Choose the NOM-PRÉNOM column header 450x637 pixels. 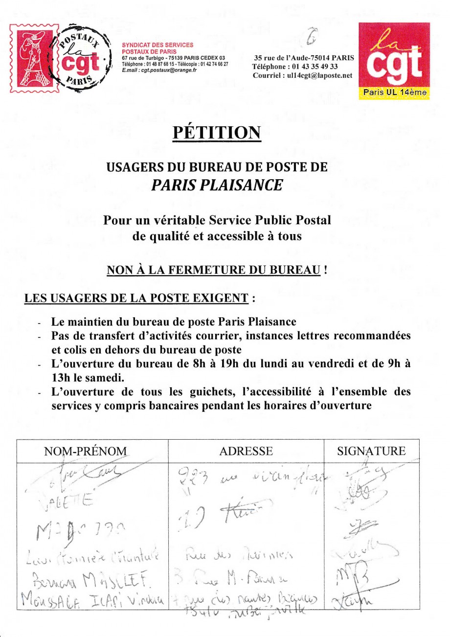click(86, 451)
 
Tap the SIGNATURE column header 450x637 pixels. click(371, 451)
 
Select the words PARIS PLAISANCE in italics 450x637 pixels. click(217, 185)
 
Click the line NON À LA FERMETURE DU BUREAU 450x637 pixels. click(214, 270)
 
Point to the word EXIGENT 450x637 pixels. click(222, 298)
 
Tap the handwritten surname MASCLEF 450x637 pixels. click(116, 580)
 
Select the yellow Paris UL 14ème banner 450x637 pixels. click(394, 92)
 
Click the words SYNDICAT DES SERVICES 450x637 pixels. click(157, 45)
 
